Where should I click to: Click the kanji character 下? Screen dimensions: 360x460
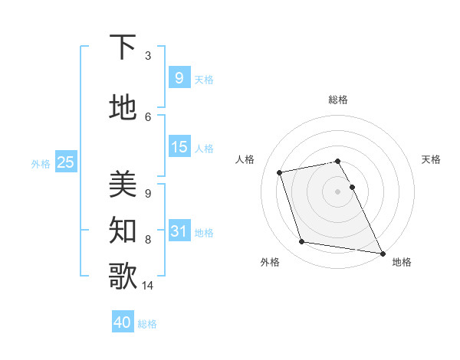123,47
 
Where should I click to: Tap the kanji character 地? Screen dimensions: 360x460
123,108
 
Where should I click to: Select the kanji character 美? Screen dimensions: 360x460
123,185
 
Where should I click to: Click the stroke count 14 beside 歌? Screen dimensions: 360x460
149,286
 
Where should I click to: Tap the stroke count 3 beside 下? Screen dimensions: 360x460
148,56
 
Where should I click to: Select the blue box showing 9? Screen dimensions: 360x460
179,77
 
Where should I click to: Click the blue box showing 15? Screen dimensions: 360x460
179,146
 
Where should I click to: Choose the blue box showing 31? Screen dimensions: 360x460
179,231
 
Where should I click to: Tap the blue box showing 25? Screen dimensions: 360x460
66,162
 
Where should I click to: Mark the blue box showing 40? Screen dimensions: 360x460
122,322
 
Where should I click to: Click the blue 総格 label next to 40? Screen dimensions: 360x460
147,324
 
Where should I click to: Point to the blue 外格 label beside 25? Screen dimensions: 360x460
40,163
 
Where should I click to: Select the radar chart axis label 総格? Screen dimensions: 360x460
338,100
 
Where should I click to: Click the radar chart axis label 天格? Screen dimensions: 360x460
431,159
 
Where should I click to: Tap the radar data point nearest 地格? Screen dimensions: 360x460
382,252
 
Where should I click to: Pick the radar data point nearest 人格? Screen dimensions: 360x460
280,172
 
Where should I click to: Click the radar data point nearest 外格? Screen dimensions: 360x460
302,242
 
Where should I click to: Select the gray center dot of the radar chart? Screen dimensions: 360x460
338,191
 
